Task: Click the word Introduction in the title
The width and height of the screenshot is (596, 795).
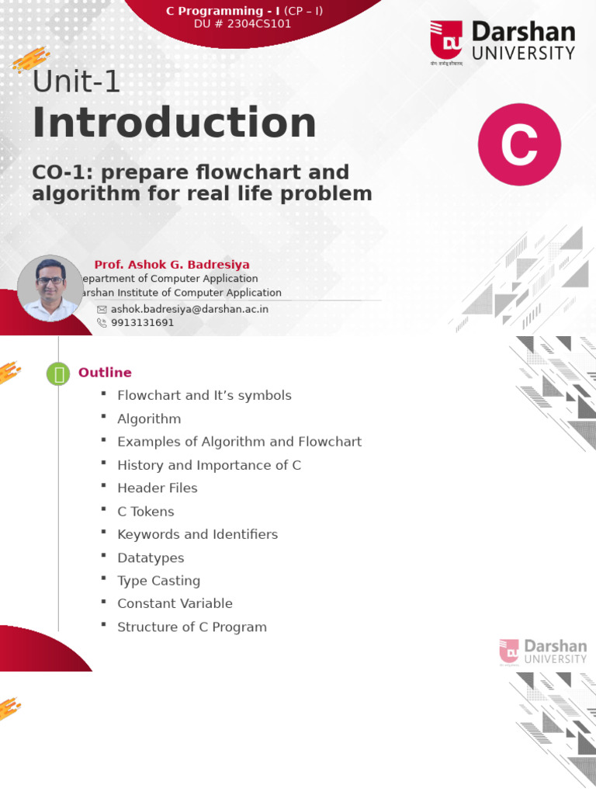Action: tap(174, 124)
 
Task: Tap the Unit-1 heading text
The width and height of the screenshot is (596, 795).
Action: tap(76, 81)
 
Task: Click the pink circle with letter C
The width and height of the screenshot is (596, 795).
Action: tap(519, 144)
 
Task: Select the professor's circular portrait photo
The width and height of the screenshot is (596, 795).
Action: tap(50, 288)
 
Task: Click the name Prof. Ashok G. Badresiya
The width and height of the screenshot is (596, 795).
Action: tap(172, 265)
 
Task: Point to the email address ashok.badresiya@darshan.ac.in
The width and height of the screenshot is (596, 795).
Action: tap(189, 308)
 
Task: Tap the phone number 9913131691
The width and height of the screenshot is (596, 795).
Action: tap(142, 322)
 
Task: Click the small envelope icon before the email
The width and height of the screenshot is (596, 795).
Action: tap(102, 309)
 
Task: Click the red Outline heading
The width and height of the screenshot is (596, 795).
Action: tap(105, 373)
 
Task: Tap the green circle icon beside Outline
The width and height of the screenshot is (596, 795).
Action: tap(58, 374)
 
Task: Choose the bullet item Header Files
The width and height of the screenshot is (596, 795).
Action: tap(157, 488)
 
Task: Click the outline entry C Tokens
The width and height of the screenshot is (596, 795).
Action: tap(145, 511)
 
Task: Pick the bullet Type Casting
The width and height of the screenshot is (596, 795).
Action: tap(158, 580)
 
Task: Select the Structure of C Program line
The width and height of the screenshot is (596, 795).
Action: tap(192, 627)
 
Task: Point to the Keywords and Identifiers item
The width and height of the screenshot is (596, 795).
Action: tap(197, 534)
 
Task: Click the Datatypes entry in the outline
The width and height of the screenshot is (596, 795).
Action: tap(151, 557)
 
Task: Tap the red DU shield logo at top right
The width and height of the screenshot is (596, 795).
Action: tap(447, 40)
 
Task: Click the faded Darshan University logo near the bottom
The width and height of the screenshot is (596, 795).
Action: tap(542, 651)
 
